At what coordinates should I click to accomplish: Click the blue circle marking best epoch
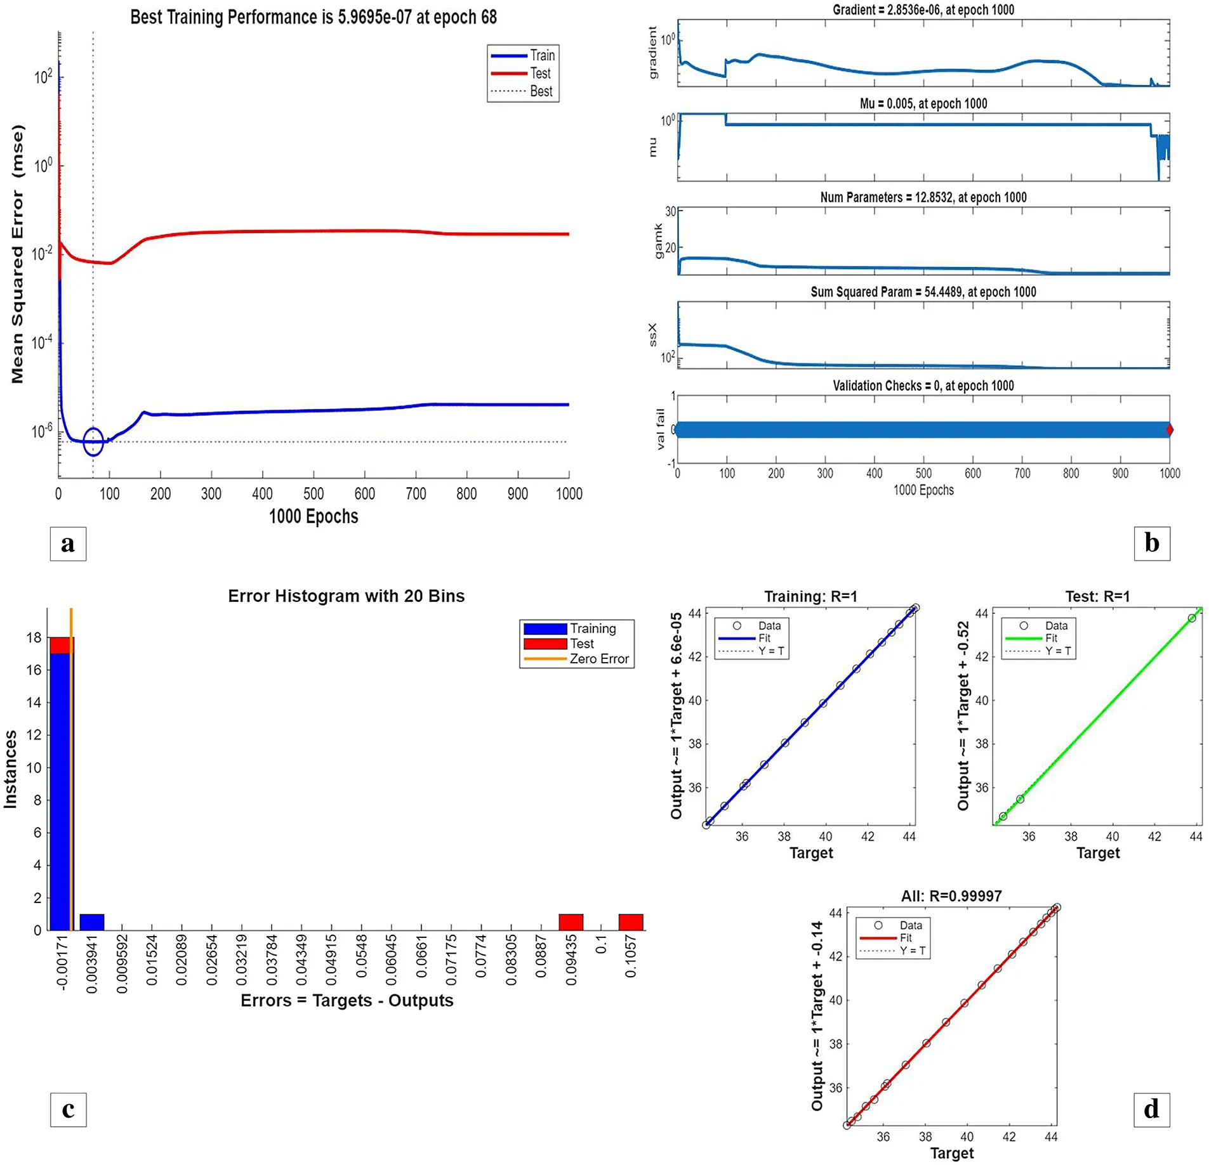tap(93, 442)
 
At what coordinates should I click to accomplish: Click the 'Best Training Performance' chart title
tap(314, 17)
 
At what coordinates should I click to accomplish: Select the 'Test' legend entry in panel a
tap(540, 74)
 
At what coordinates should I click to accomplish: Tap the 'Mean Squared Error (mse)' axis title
tap(17, 254)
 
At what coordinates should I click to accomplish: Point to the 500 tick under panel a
tap(314, 493)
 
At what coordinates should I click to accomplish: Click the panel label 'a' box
tap(68, 543)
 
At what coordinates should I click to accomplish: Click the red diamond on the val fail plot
tap(1169, 430)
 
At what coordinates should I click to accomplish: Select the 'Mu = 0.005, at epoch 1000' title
tap(923, 103)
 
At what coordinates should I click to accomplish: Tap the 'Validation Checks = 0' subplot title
tap(923, 386)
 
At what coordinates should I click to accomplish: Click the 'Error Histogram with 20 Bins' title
tap(346, 596)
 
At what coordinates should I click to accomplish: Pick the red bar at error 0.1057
tap(631, 922)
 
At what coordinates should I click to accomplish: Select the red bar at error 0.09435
tap(571, 922)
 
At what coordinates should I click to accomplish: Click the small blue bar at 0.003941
tap(92, 922)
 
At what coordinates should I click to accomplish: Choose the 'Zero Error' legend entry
tap(598, 659)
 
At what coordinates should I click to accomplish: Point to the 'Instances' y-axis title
tap(11, 769)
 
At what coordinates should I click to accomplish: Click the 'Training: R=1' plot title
tap(810, 597)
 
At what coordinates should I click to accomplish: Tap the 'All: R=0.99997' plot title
tap(951, 896)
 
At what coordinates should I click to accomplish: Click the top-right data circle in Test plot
tap(1192, 618)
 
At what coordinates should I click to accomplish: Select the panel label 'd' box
tap(1151, 1110)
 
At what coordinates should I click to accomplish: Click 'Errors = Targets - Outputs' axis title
tap(347, 1001)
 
